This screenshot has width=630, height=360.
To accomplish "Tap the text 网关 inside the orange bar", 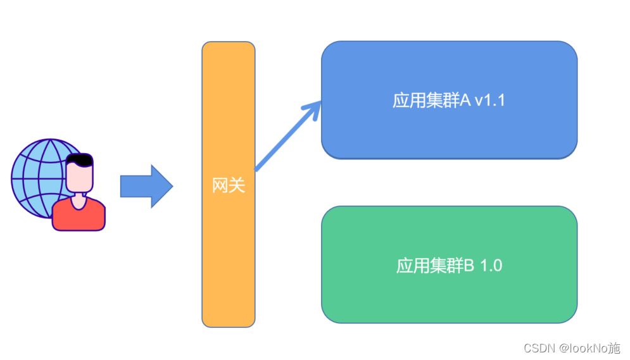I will (228, 186).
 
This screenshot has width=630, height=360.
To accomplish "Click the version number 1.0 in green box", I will (491, 266).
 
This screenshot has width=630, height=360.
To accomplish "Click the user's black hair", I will (80, 159).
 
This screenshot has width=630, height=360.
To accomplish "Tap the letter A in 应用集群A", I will (465, 101).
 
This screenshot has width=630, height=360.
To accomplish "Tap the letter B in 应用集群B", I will (469, 266).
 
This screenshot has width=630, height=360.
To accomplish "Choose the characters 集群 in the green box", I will (448, 266).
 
